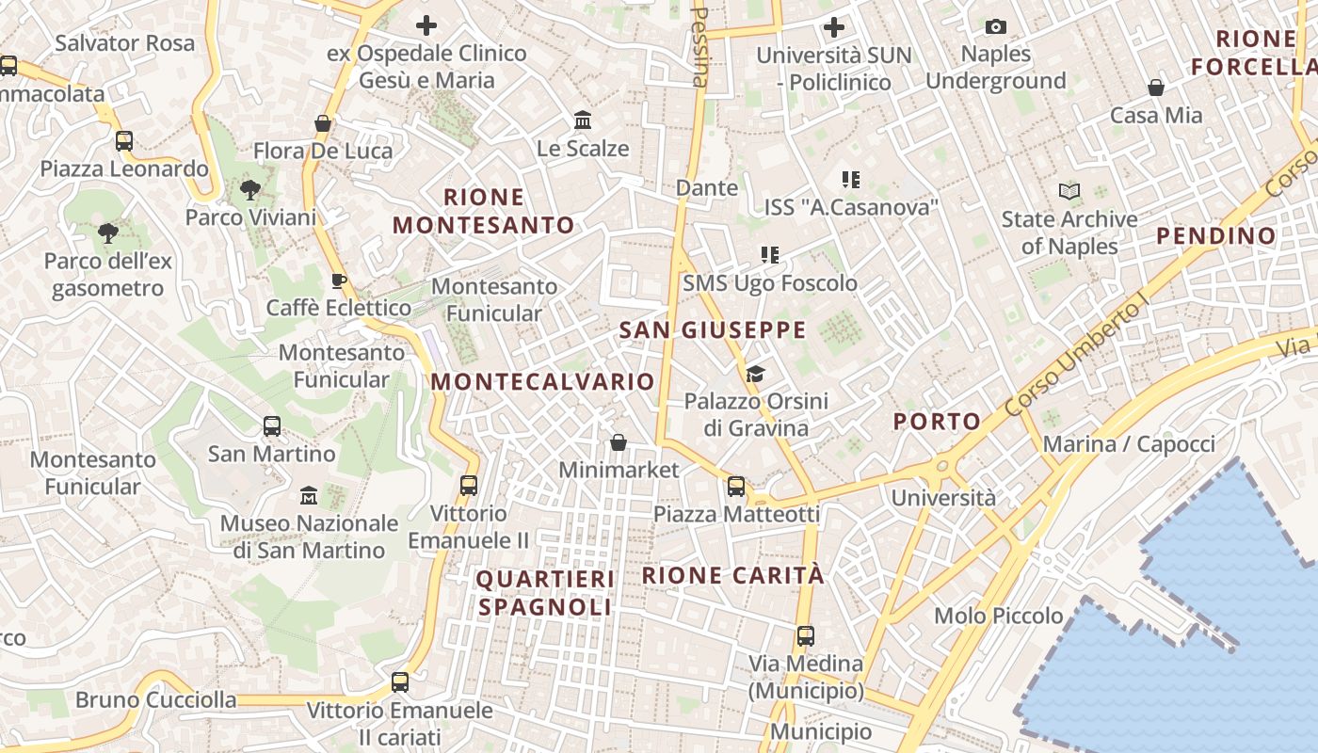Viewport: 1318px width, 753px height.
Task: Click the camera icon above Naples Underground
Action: point(995,26)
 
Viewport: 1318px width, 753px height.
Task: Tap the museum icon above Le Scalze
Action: point(583,120)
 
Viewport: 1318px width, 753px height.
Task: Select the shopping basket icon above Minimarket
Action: point(619,441)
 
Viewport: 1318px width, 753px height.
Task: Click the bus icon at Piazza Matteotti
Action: point(736,487)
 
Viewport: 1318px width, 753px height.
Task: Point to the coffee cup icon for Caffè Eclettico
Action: point(339,280)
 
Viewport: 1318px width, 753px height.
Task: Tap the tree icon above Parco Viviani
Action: point(249,190)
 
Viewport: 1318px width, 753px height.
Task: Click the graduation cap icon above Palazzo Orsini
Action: point(755,374)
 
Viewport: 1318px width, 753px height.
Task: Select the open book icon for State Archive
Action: point(1069,192)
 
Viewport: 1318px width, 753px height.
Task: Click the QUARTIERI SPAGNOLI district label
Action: point(545,593)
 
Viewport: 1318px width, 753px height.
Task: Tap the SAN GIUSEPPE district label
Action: point(713,330)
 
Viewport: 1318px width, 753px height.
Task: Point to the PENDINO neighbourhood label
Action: point(1215,236)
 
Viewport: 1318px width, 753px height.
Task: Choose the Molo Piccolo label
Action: point(998,617)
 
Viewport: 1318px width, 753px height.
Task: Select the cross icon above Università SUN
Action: point(833,27)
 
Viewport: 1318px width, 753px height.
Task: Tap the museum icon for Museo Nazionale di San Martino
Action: point(309,495)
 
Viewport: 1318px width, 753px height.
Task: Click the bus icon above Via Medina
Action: point(805,635)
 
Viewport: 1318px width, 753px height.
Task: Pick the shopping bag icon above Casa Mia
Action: point(1156,88)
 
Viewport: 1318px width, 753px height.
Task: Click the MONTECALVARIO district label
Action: point(542,382)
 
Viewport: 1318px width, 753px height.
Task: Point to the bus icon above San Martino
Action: point(271,426)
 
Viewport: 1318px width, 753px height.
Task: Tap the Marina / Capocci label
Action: point(1129,443)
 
